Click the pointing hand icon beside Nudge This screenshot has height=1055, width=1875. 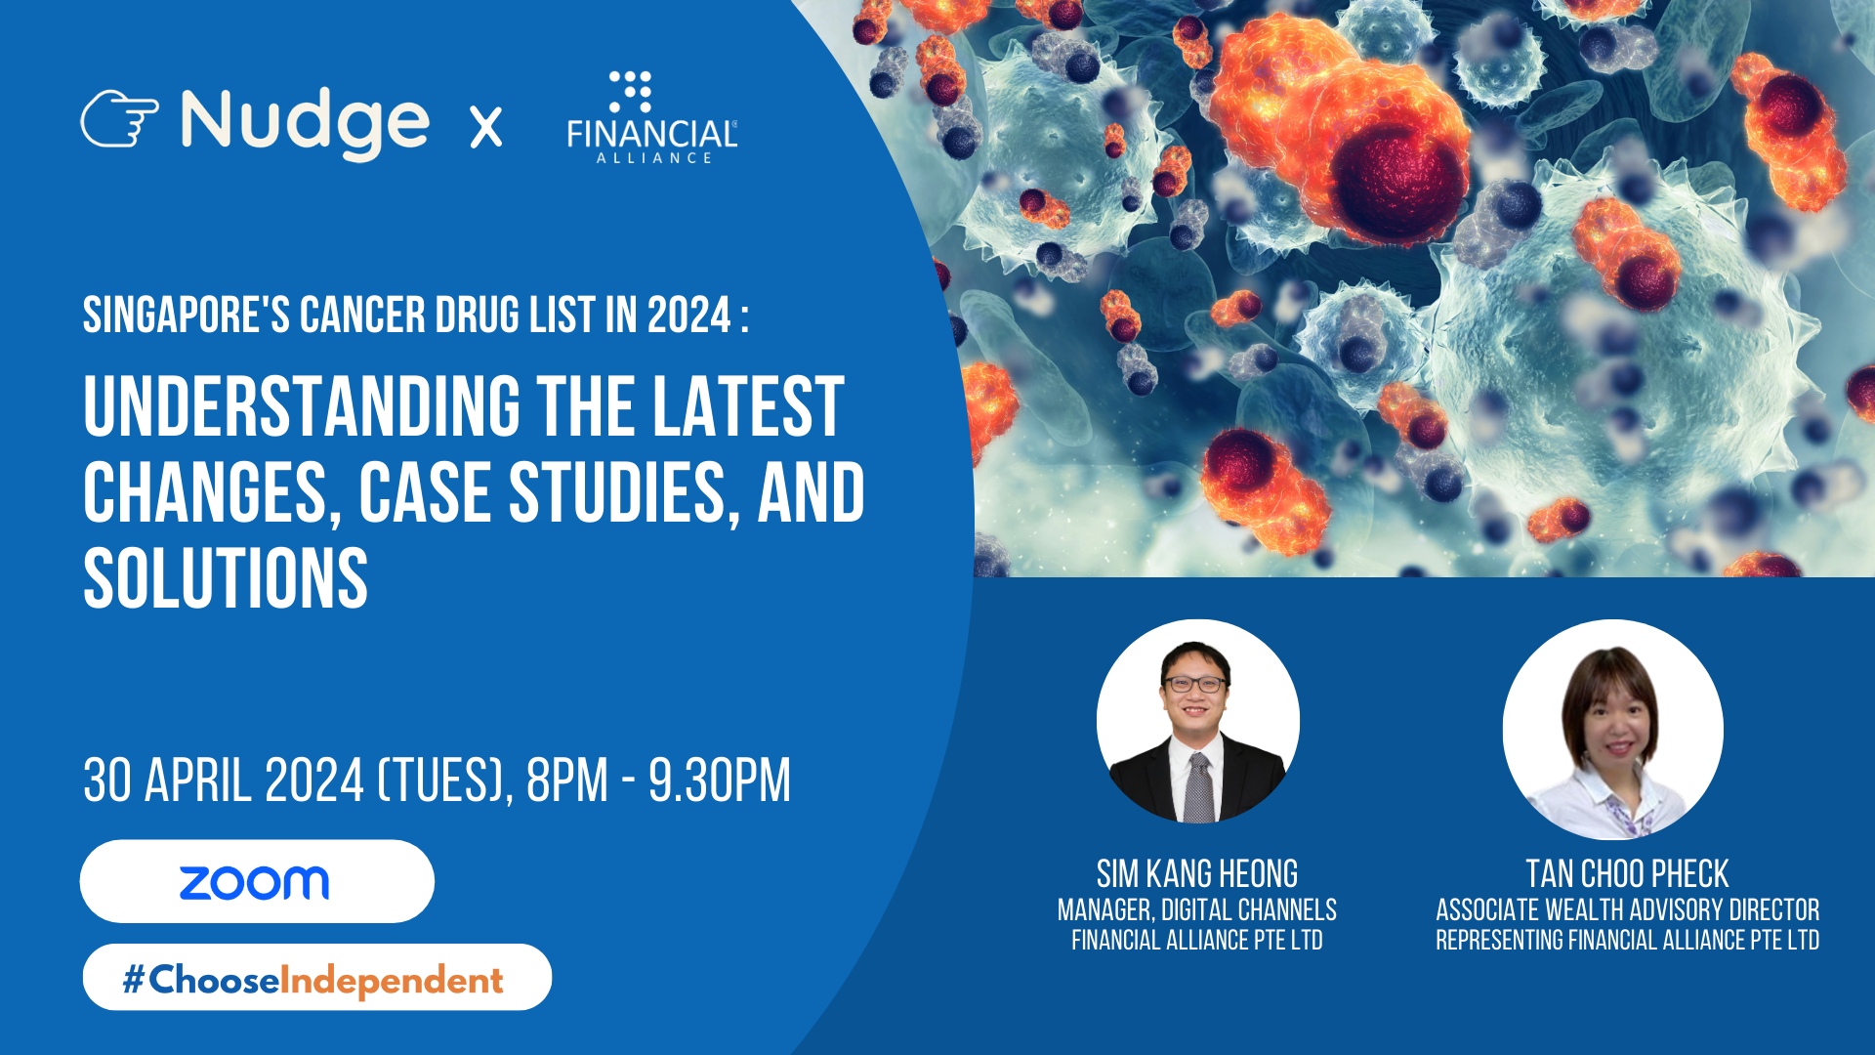[119, 119]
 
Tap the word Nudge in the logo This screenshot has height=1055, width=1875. [305, 123]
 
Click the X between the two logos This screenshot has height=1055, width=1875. [486, 127]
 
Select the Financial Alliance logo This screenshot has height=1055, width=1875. [652, 117]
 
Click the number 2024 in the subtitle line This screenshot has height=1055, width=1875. [689, 316]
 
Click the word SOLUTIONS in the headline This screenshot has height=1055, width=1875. [226, 579]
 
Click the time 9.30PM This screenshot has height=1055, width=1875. [720, 781]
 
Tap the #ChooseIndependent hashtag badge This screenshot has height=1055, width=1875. [316, 977]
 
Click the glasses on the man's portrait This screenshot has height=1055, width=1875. [1193, 684]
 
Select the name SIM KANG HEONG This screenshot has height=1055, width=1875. [1197, 873]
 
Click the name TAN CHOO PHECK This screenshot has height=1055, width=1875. [1627, 873]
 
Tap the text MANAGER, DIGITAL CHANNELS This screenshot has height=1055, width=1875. [1197, 910]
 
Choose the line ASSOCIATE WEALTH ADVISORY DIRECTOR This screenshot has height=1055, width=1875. [1627, 910]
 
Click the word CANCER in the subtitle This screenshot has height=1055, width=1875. [362, 316]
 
